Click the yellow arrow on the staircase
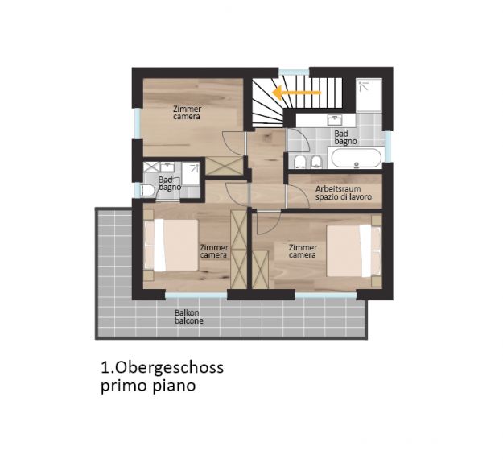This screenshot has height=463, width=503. (x=296, y=93)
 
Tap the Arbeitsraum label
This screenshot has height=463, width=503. (x=338, y=188)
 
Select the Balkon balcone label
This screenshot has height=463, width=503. (x=189, y=316)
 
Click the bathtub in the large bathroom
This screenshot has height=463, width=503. (x=356, y=158)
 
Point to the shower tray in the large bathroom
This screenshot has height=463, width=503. (x=369, y=95)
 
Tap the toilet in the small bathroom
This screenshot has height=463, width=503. (x=148, y=191)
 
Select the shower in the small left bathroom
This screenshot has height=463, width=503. (x=191, y=174)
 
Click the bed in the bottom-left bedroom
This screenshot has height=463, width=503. (x=171, y=245)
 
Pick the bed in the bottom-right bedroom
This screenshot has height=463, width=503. (x=353, y=250)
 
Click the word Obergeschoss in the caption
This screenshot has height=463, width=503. (x=169, y=368)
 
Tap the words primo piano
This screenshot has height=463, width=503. (x=148, y=386)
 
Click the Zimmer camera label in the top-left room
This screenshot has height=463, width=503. (x=187, y=113)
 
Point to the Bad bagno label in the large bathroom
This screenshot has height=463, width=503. (x=345, y=138)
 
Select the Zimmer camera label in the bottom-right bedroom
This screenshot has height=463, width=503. (x=303, y=251)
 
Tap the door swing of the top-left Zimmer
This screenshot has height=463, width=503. (x=233, y=144)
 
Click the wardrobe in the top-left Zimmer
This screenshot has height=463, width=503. (x=225, y=166)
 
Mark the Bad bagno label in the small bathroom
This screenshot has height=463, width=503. (x=170, y=184)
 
